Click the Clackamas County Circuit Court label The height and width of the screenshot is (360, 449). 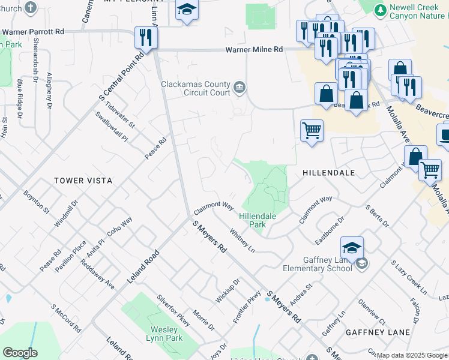[x=195, y=89]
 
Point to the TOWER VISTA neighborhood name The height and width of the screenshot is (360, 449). [x=83, y=180]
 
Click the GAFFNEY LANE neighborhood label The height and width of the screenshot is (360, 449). [x=378, y=332]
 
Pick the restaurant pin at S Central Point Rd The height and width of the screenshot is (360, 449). [x=146, y=38]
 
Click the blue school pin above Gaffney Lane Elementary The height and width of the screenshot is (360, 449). [x=352, y=247]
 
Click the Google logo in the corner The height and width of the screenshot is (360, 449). [x=19, y=353]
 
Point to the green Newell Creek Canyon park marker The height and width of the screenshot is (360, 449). [x=380, y=10]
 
